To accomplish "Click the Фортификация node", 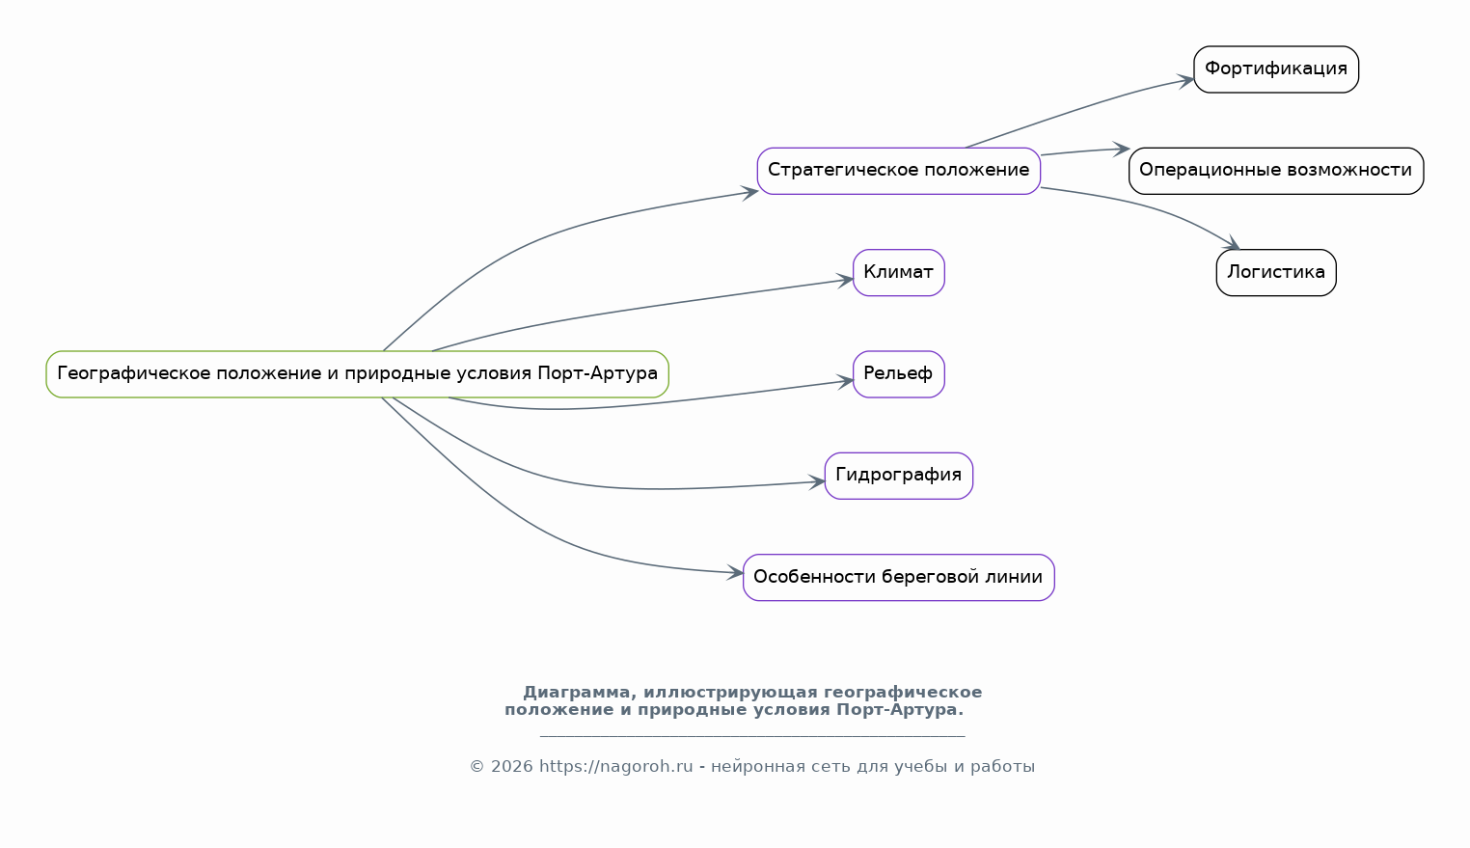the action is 1276,68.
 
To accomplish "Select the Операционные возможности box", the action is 1276,171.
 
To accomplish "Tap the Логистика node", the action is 1276,272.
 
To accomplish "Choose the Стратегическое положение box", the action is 898,171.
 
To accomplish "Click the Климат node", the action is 898,272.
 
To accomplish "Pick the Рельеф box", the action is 898,374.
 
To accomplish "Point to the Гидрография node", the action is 898,476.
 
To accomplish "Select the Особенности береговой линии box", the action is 898,578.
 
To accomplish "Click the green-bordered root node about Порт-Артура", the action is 357,374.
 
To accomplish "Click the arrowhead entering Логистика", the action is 1231,243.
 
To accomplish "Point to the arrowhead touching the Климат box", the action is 845,281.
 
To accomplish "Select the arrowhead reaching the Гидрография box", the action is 816,483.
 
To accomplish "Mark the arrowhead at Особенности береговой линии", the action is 734,573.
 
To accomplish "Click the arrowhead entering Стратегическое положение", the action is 749,193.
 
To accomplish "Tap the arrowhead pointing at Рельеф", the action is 845,382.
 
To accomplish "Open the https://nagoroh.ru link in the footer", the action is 615,767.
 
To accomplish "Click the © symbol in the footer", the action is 476,767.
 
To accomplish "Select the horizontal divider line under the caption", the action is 752,736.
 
